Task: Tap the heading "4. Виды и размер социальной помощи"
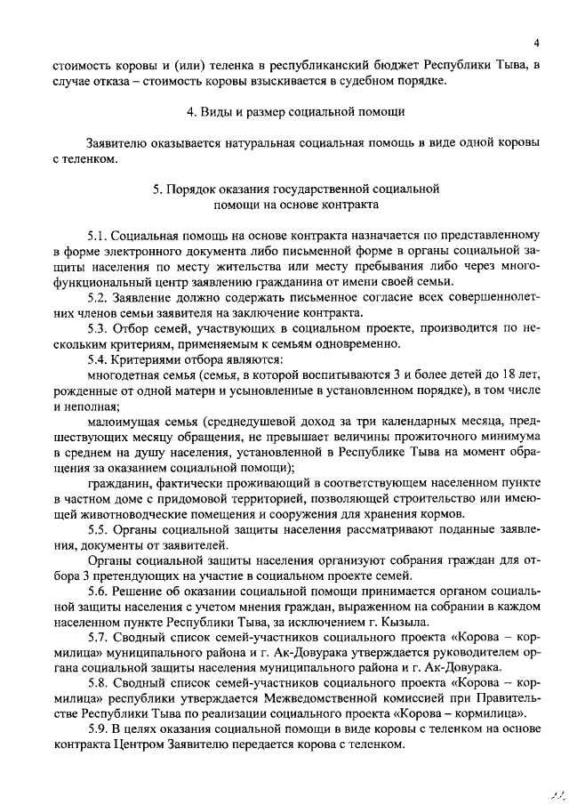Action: pos(296,112)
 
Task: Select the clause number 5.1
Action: pos(97,236)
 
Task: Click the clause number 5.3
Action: pos(97,329)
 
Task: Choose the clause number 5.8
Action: pos(97,683)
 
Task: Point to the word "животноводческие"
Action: pos(120,515)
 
